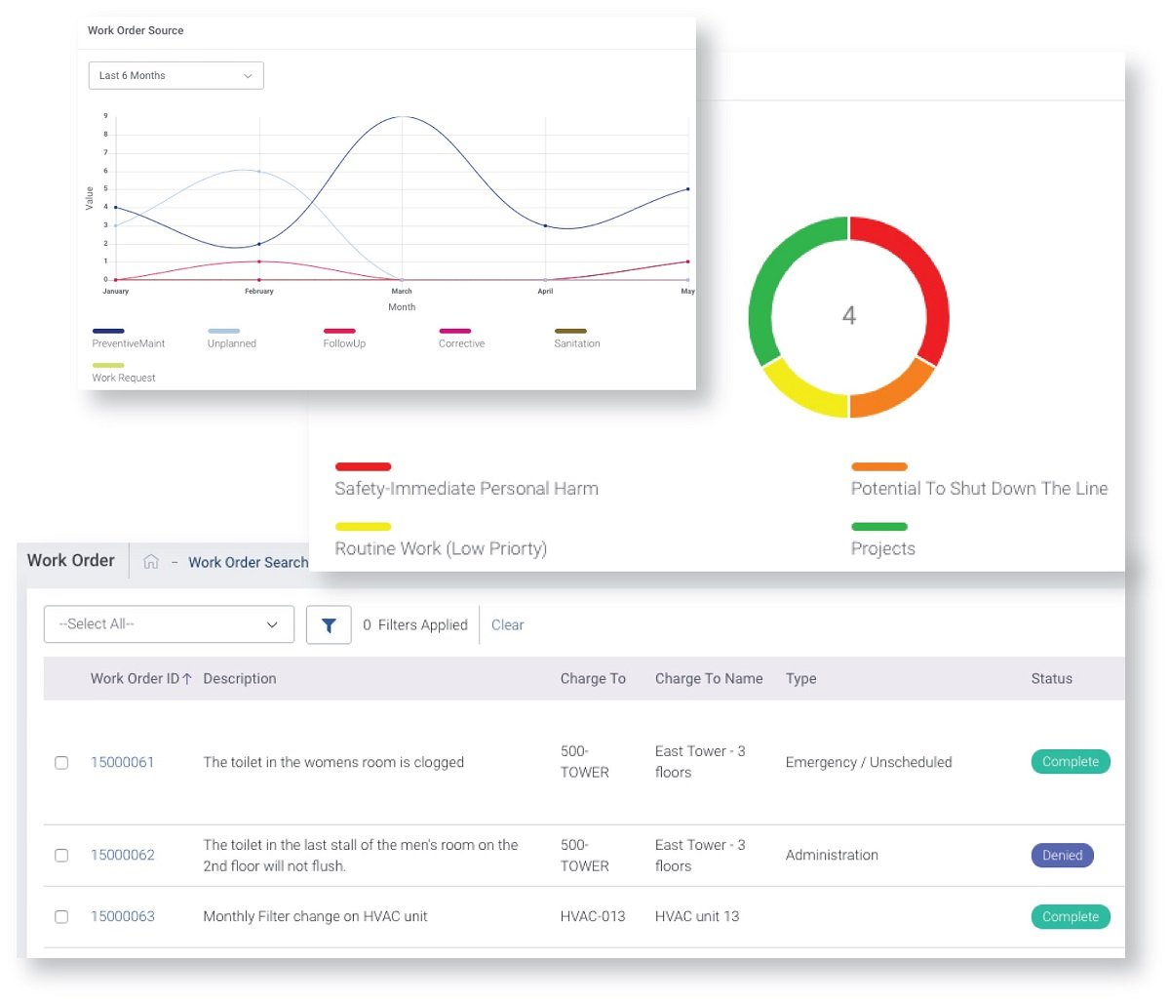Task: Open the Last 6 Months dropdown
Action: (x=175, y=75)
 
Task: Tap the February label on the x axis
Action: (x=258, y=291)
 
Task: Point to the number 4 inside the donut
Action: (x=848, y=315)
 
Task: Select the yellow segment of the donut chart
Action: (x=800, y=392)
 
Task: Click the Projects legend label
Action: (x=883, y=548)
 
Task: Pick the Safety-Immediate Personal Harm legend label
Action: (x=466, y=488)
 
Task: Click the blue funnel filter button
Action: (x=329, y=624)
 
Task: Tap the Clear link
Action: (x=507, y=624)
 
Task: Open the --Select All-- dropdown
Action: (x=169, y=624)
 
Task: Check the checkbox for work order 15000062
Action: (x=61, y=855)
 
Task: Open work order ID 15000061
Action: (x=122, y=762)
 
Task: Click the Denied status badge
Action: (x=1062, y=855)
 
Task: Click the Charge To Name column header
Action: (x=709, y=678)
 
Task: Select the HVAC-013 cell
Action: (x=593, y=916)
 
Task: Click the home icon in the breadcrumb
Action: (x=150, y=561)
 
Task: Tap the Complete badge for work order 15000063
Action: (x=1071, y=916)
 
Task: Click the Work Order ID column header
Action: (x=141, y=678)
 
